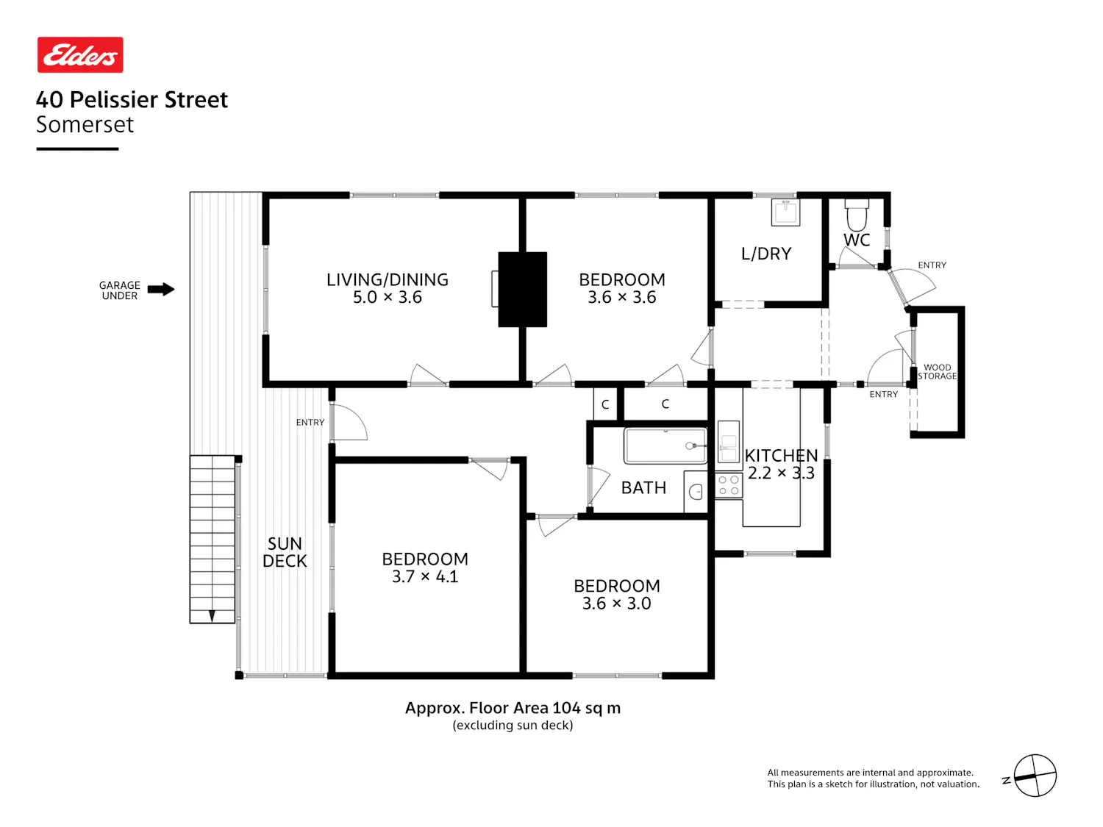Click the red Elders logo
click(80, 54)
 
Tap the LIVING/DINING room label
click(387, 279)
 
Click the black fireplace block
click(522, 289)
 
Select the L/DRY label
click(765, 254)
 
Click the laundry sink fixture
click(785, 212)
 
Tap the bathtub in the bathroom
click(665, 445)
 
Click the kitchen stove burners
click(728, 485)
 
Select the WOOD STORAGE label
click(937, 371)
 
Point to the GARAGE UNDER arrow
click(161, 289)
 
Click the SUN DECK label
click(285, 552)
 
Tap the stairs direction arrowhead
click(212, 615)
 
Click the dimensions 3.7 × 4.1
click(424, 576)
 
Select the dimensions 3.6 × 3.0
click(616, 603)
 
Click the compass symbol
click(1035, 776)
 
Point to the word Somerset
click(85, 124)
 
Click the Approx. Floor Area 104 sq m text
click(513, 707)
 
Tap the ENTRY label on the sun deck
click(310, 422)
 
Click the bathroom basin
click(696, 492)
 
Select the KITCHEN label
click(781, 456)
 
